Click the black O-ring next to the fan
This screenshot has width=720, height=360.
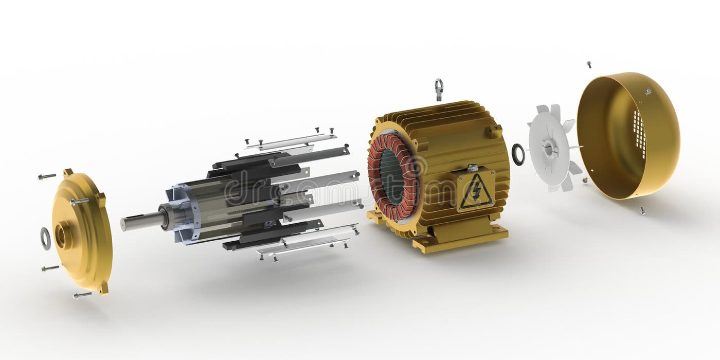518,154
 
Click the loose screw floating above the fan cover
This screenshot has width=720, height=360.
589,65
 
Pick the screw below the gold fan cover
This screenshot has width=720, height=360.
642,210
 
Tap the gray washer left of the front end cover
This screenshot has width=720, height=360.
46,238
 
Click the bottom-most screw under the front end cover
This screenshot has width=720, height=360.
82,295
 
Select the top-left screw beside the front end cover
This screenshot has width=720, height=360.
47,176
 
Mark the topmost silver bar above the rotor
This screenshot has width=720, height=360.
291,141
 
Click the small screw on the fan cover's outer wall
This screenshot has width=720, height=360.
649,92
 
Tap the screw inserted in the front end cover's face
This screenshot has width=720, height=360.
79,202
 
